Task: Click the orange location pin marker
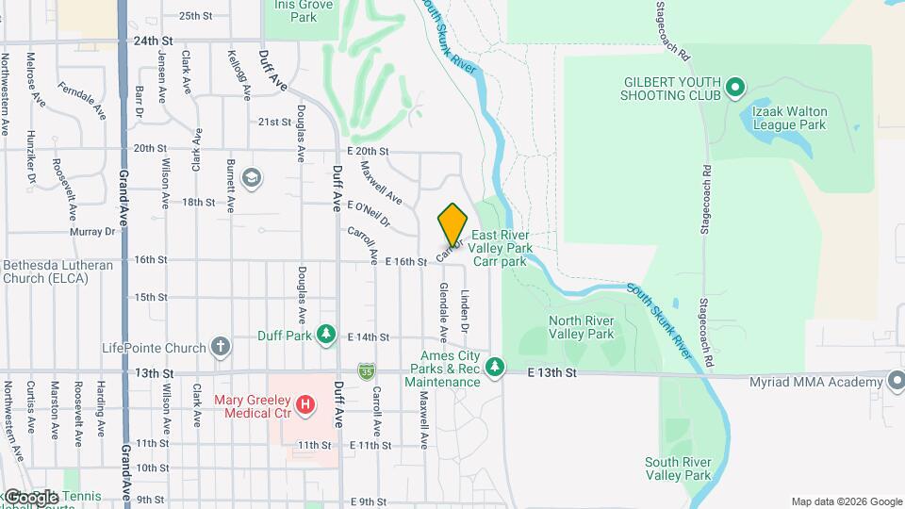[452, 224]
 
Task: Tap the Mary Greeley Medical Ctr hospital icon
[305, 405]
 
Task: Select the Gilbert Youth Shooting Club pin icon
[735, 90]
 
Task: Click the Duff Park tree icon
[326, 335]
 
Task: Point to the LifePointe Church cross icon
[220, 348]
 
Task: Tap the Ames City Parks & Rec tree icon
[494, 367]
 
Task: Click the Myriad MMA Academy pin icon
[897, 381]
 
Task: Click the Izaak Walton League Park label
[788, 117]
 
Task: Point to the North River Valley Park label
[581, 327]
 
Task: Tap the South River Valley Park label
[678, 468]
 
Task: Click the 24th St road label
[154, 41]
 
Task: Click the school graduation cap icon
[251, 177]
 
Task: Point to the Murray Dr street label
[92, 231]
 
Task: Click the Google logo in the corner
[30, 498]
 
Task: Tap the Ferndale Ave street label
[82, 99]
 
